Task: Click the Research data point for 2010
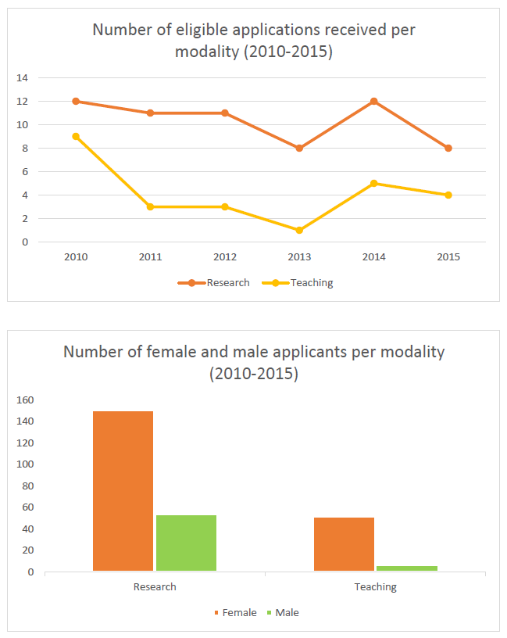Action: click(x=76, y=101)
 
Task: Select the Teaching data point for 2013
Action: click(x=299, y=230)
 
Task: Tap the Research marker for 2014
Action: click(x=373, y=101)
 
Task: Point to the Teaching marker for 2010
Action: click(x=76, y=136)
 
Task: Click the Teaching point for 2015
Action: click(x=448, y=195)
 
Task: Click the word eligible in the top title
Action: click(x=181, y=30)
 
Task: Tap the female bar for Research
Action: click(x=123, y=491)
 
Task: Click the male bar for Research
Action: click(x=186, y=543)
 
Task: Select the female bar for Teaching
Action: click(x=344, y=544)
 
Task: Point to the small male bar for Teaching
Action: click(x=407, y=568)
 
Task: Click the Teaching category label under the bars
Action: click(x=375, y=586)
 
